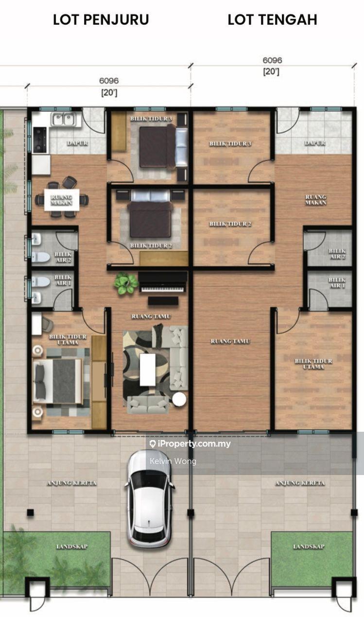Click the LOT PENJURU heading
point(101,19)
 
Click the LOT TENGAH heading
point(272,19)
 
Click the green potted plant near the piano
point(125,283)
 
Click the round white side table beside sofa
point(179,399)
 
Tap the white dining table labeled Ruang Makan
point(61,199)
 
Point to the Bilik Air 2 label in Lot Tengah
point(337,254)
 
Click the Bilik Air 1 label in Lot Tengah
point(337,283)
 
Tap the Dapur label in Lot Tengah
point(314,143)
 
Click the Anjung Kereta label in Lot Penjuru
point(71,483)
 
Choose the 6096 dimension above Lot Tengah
point(272,61)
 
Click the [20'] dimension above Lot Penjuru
point(109,92)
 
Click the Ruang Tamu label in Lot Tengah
point(230,341)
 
